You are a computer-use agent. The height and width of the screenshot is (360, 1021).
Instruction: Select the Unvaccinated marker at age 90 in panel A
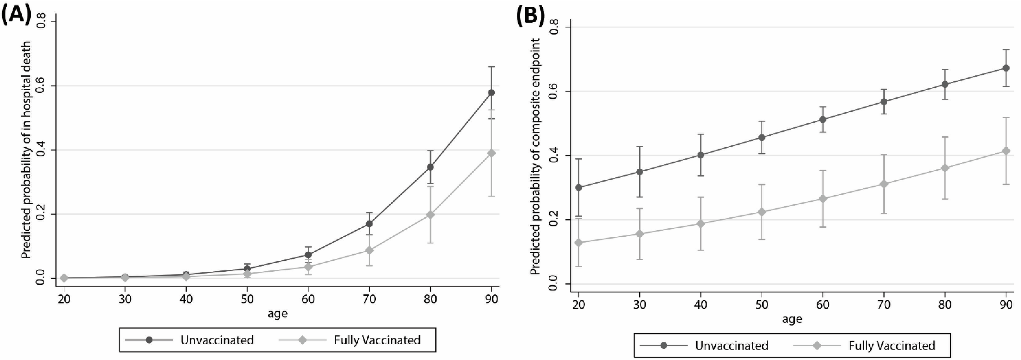click(x=491, y=93)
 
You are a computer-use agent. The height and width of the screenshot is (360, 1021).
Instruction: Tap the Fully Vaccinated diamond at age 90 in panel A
click(x=491, y=153)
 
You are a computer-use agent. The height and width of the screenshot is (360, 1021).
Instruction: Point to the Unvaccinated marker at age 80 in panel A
click(x=430, y=167)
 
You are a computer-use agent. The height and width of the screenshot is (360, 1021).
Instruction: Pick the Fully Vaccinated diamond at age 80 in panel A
click(x=430, y=215)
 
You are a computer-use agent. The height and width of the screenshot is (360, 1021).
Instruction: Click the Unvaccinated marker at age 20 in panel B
click(x=579, y=187)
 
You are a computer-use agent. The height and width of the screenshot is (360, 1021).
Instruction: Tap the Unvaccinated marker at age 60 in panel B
click(x=823, y=119)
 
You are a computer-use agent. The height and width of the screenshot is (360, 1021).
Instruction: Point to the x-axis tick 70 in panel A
click(x=369, y=299)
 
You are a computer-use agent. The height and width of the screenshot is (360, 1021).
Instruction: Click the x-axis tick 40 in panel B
click(x=701, y=304)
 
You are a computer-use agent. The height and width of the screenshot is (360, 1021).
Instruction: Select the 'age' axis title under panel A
click(x=277, y=314)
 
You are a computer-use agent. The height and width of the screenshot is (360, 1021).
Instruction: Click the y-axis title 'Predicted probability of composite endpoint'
click(x=536, y=157)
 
